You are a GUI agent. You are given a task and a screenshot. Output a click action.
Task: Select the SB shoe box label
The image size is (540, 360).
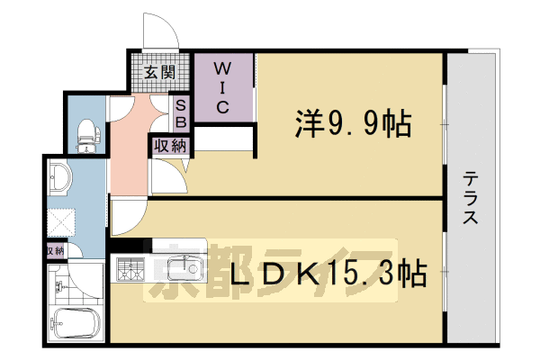click(x=181, y=112)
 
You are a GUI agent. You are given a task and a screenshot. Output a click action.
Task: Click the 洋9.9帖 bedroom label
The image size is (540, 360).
click(x=352, y=123)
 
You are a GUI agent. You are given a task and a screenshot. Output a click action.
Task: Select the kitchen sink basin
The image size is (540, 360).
click(x=190, y=266)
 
